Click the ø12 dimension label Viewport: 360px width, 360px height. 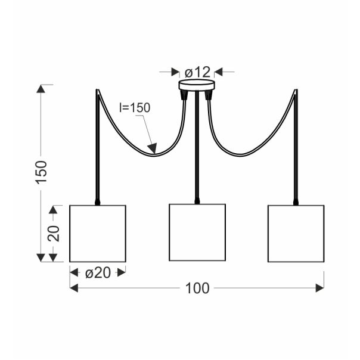pos(197,72)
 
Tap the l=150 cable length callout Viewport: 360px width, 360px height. pos(135,108)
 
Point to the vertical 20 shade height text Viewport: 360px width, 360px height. pos(54,233)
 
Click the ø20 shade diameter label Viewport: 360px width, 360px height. pos(98,272)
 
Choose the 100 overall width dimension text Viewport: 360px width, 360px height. pos(197,288)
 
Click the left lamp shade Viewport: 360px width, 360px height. pos(98,234)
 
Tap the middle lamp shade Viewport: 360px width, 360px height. pos(197,232)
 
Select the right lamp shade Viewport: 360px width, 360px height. pos(296,234)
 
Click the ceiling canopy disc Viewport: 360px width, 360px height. pos(196,85)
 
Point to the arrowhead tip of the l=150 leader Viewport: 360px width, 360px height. pos(154,151)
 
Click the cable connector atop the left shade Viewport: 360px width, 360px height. pos(98,201)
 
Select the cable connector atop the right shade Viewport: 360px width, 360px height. pos(296,201)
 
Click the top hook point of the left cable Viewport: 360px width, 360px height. pos(97,91)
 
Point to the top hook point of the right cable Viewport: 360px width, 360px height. pos(296,91)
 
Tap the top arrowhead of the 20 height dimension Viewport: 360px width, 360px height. pos(54,209)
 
